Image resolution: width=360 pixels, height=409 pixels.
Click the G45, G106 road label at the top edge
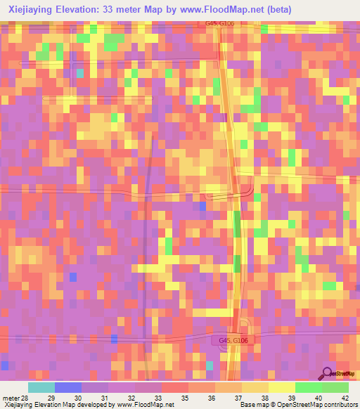(219, 23)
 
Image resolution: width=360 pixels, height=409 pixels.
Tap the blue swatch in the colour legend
(68, 388)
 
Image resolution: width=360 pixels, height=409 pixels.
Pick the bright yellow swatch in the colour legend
(282, 388)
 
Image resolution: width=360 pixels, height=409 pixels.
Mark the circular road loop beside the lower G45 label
(244, 326)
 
